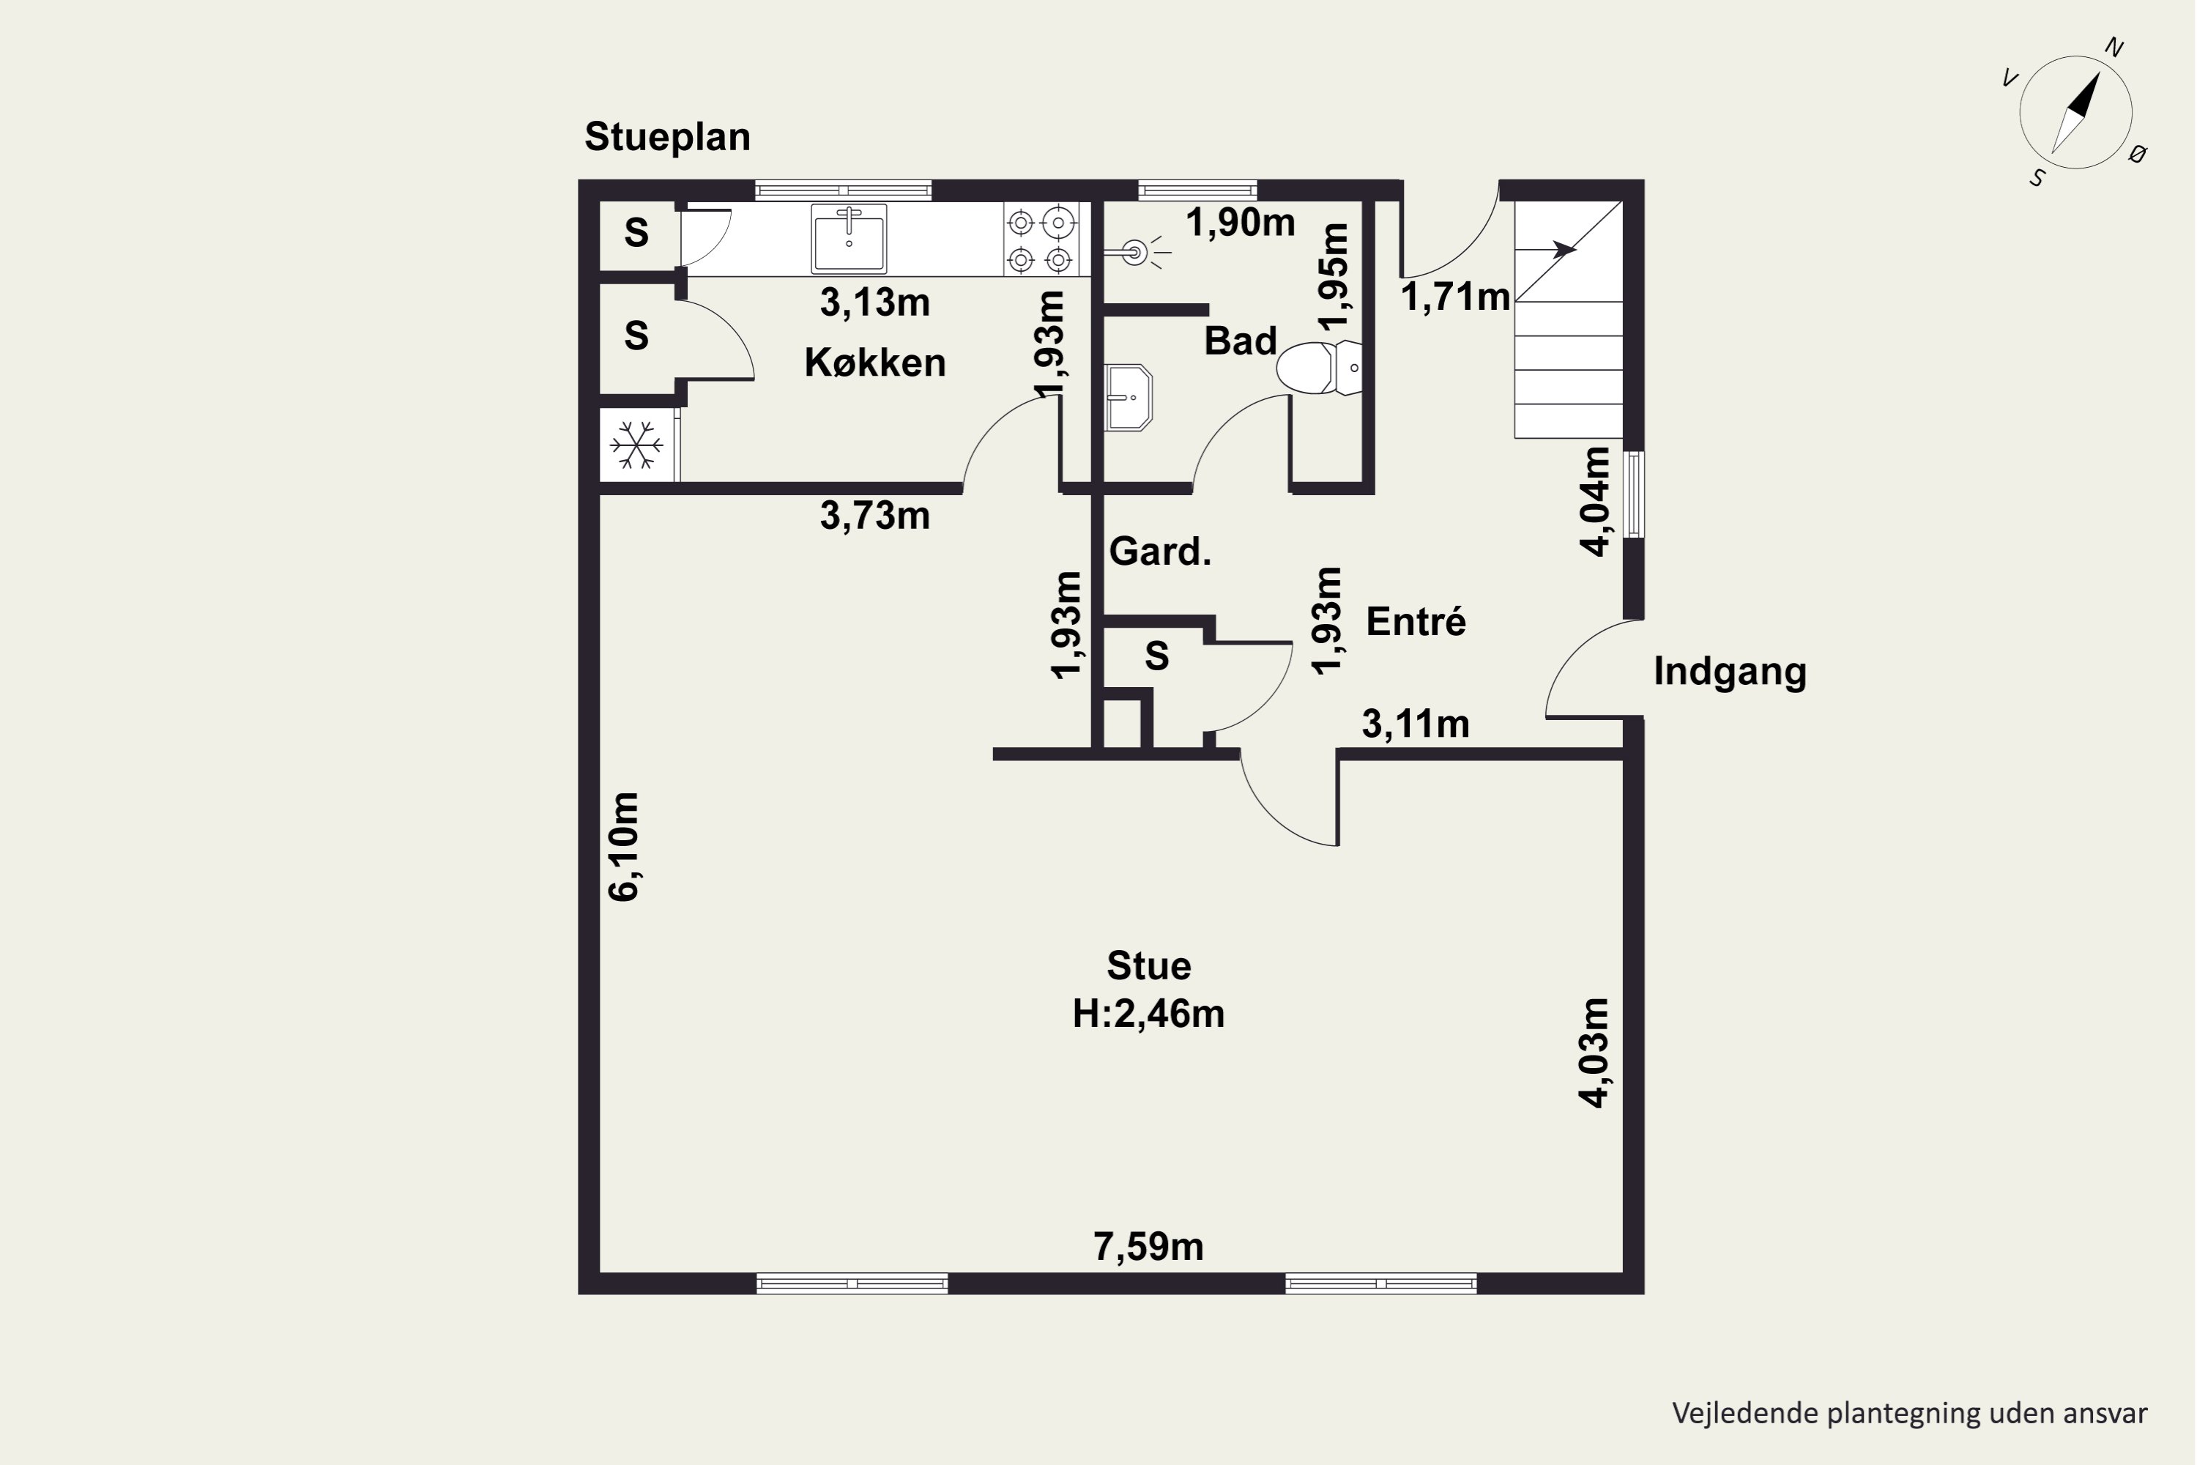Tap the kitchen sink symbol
(848, 238)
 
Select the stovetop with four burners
(1041, 240)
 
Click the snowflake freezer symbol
(636, 445)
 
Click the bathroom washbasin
(1129, 397)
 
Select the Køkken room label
(875, 363)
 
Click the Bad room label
(1241, 341)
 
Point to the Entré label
(1416, 621)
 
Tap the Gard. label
(1160, 552)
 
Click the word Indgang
(1730, 672)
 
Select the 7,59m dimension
(1149, 1247)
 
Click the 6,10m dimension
(623, 847)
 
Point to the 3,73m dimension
(875, 516)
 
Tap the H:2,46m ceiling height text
(1149, 1014)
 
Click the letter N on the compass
(2113, 48)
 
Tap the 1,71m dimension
(1455, 297)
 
